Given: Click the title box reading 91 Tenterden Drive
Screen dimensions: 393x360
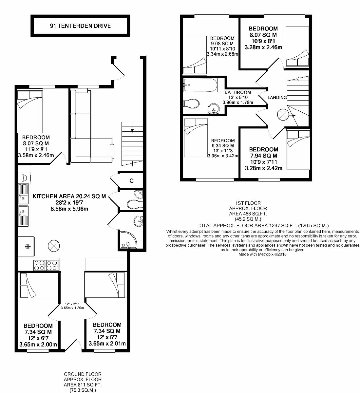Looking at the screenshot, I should (80, 26).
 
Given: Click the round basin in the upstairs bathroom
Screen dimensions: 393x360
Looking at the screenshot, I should (214, 108).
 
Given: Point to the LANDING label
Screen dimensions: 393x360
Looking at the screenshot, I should (277, 98).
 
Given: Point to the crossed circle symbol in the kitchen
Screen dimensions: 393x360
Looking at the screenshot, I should (53, 245).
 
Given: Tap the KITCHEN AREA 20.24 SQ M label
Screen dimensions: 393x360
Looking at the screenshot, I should (69, 196).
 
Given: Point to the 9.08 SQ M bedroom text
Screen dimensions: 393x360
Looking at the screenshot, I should (222, 43).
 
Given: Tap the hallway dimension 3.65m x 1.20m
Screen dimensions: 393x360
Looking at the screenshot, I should (73, 308).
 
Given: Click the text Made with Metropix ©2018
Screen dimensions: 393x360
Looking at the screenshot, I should (262, 254).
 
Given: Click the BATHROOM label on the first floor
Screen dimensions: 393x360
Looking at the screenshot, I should (237, 93).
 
